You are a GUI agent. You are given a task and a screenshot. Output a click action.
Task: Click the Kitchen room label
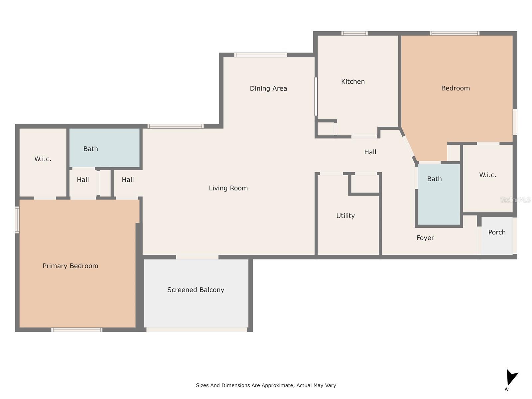pyautogui.click(x=353, y=81)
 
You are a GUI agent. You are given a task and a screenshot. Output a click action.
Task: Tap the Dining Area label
pyautogui.click(x=268, y=88)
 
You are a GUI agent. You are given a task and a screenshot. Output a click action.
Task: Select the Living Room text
pyautogui.click(x=228, y=188)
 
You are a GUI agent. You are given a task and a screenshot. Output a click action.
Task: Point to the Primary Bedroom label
pyautogui.click(x=70, y=266)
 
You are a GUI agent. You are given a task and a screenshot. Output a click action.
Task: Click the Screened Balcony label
pyautogui.click(x=196, y=290)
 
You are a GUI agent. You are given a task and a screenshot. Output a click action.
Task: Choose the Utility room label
pyautogui.click(x=345, y=216)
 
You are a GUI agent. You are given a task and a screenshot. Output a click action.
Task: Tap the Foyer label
pyautogui.click(x=425, y=238)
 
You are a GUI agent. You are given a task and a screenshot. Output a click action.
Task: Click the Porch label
pyautogui.click(x=497, y=232)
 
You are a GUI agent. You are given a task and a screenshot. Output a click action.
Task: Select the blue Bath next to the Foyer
pyautogui.click(x=434, y=179)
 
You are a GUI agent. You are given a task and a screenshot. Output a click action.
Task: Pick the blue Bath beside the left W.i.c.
pyautogui.click(x=90, y=149)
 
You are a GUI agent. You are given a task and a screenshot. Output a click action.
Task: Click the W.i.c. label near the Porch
pyautogui.click(x=487, y=175)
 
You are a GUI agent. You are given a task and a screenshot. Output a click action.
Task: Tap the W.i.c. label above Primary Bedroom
pyautogui.click(x=43, y=159)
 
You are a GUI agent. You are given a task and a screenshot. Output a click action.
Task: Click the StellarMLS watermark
pyautogui.click(x=515, y=199)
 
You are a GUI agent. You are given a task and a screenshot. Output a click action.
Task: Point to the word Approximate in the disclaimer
pyautogui.click(x=277, y=385)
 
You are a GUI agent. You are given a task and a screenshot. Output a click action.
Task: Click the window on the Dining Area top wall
pyautogui.click(x=260, y=55)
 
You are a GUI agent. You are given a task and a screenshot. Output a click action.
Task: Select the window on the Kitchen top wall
pyautogui.click(x=354, y=33)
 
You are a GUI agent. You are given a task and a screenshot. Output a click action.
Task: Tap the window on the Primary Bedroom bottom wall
pyautogui.click(x=76, y=330)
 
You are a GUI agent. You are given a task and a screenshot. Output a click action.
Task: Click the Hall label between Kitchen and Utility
pyautogui.click(x=370, y=152)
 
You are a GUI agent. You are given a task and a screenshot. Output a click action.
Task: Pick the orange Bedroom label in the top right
pyautogui.click(x=455, y=88)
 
